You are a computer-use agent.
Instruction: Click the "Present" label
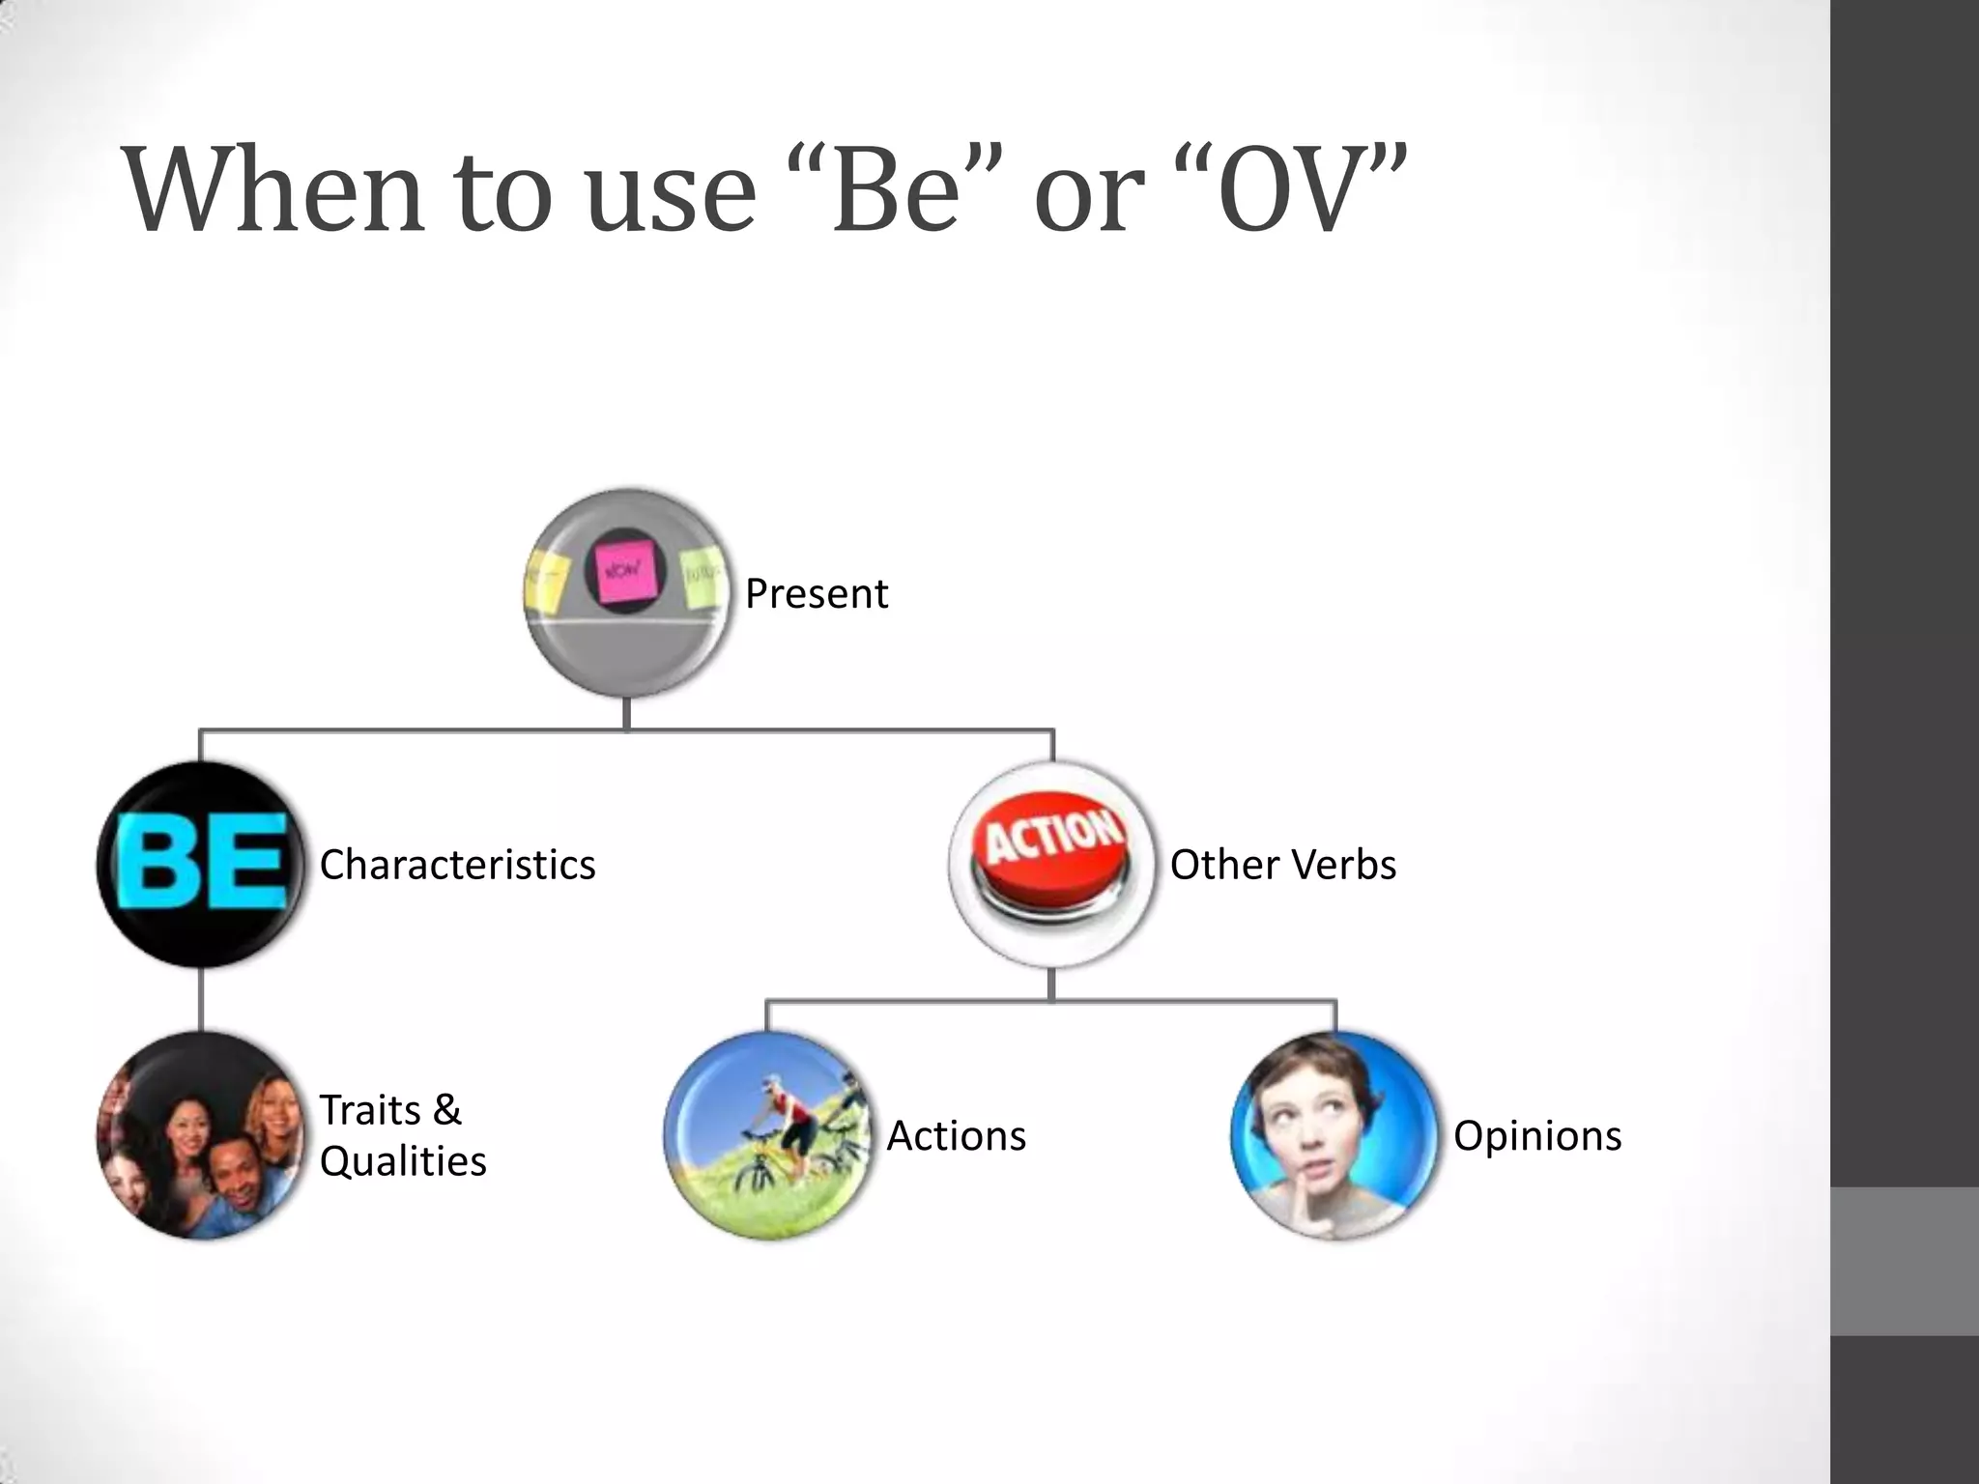pos(817,593)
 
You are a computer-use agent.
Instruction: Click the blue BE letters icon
pos(201,864)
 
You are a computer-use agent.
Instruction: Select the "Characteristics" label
pos(457,864)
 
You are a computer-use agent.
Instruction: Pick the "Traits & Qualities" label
pos(402,1135)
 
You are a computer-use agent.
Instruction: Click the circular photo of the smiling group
pos(201,1135)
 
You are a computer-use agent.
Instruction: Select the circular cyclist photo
pos(769,1135)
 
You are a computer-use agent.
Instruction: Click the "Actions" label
pos(956,1135)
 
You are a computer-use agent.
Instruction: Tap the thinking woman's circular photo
pos(1335,1135)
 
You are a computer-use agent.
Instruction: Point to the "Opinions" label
pos(1537,1135)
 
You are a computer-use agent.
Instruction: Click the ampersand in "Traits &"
pos(446,1110)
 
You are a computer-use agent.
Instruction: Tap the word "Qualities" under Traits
pos(402,1161)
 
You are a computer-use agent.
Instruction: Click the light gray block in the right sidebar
pos(1905,1261)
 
